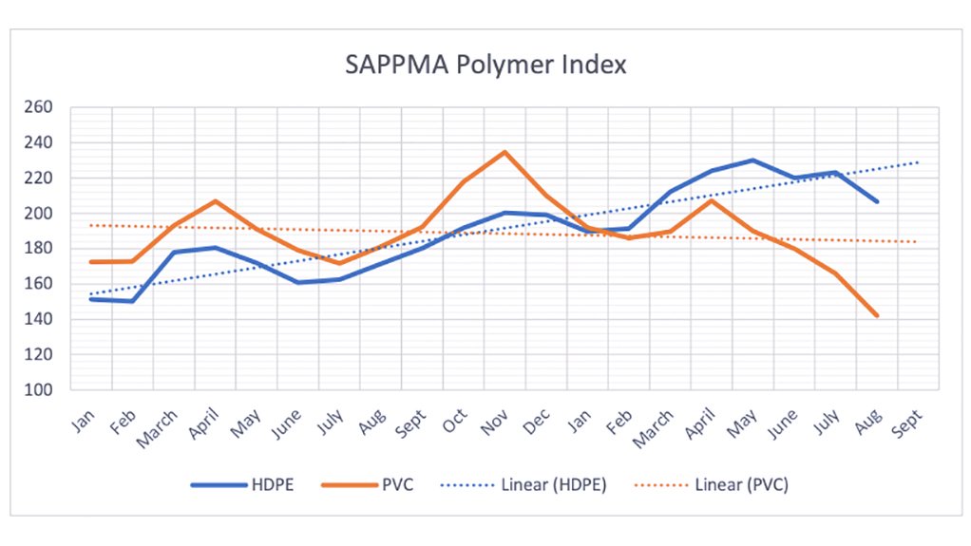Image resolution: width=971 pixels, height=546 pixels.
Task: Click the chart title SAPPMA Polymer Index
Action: click(x=485, y=66)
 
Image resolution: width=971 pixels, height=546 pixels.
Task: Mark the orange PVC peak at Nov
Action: click(x=505, y=152)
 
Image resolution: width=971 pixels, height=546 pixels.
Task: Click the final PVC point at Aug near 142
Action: click(x=877, y=316)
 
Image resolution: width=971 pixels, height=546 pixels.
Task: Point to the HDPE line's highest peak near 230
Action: click(x=752, y=160)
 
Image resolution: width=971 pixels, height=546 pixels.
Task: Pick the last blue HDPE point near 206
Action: click(x=877, y=202)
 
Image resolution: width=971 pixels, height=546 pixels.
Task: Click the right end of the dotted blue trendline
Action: click(x=919, y=162)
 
